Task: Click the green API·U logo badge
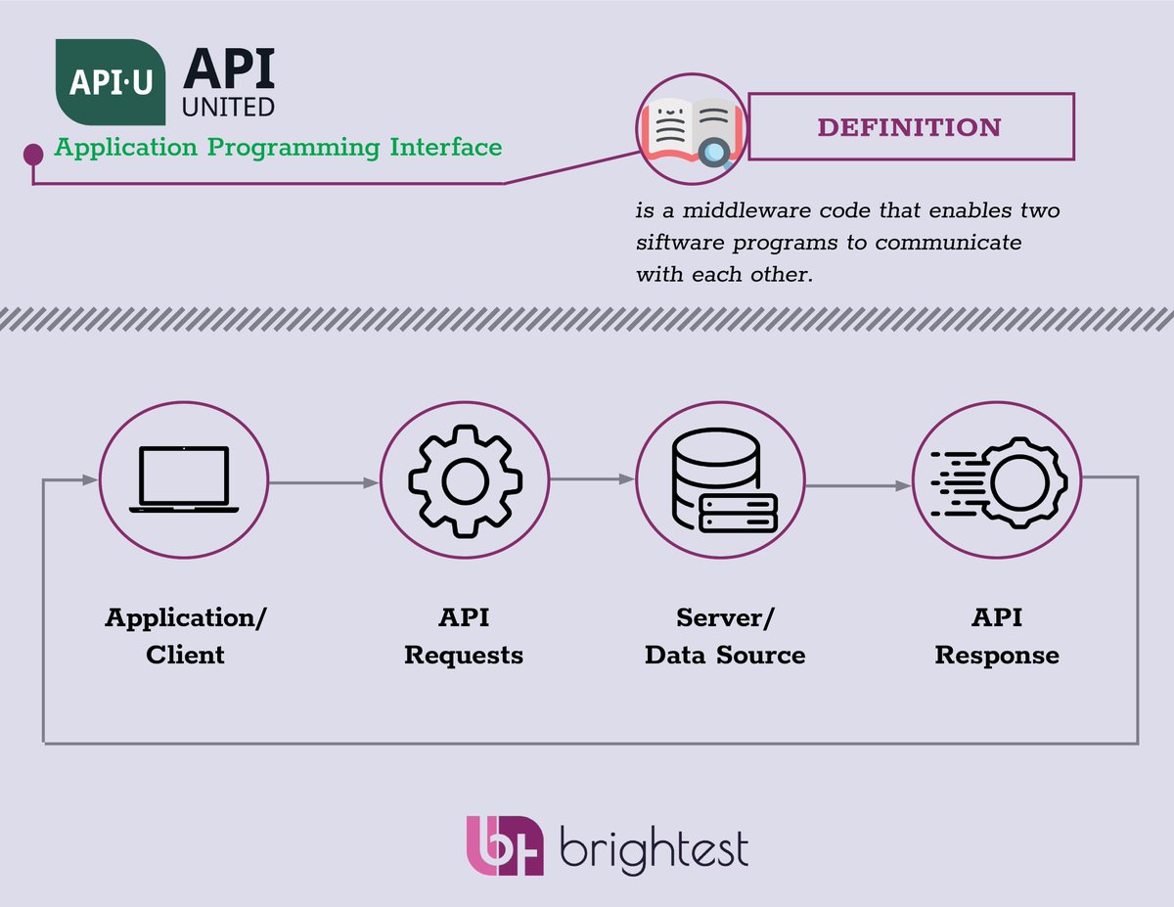(110, 82)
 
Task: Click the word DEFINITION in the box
(909, 127)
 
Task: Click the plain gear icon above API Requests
(464, 480)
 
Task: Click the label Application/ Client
(185, 636)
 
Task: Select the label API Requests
(464, 636)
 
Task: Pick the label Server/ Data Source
(725, 636)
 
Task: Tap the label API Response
(997, 636)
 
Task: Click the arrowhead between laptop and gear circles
(371, 482)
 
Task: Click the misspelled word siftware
(679, 242)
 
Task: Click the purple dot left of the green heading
(33, 155)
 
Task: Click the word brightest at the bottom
(654, 847)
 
